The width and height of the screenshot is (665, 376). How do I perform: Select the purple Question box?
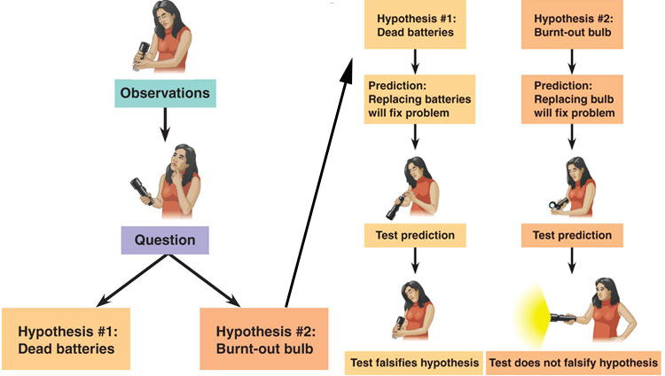tap(164, 239)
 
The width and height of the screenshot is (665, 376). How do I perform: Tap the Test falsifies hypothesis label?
tap(413, 363)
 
